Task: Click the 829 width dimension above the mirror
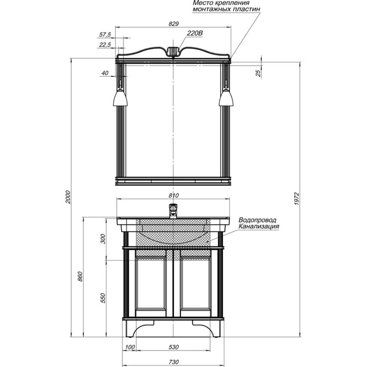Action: [x=173, y=24]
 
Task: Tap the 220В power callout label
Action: [x=194, y=33]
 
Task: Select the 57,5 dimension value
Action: [x=105, y=35]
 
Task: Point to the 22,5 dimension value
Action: [x=105, y=44]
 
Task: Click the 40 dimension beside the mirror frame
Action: [x=105, y=73]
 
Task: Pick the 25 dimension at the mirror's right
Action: [x=258, y=73]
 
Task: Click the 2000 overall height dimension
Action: [x=68, y=197]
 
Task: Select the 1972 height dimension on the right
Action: [x=297, y=199]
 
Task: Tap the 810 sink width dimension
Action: [x=173, y=195]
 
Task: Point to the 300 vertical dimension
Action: [x=103, y=239]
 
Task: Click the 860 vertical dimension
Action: [x=80, y=277]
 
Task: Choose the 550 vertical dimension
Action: [x=103, y=298]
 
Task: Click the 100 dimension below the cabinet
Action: [x=130, y=347]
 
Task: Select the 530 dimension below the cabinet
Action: [x=173, y=347]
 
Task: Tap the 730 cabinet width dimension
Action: [x=173, y=362]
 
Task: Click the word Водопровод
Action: [x=257, y=220]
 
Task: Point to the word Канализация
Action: [x=258, y=226]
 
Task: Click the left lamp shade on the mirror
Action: [x=120, y=97]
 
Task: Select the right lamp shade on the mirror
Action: [x=226, y=97]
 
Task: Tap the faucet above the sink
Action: [x=173, y=211]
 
